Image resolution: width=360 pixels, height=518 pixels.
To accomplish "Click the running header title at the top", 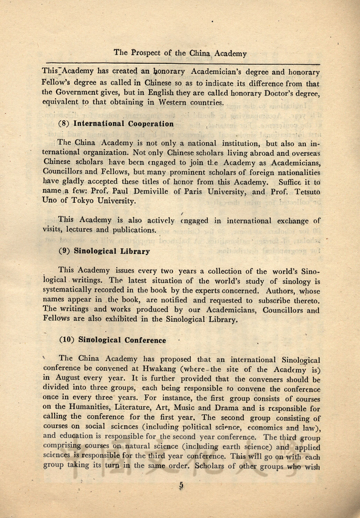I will pyautogui.click(x=180, y=53).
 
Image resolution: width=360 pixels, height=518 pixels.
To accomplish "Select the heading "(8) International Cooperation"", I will pyautogui.click(x=117, y=123).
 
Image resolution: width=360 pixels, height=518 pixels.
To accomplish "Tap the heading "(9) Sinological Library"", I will pyautogui.click(x=105, y=251).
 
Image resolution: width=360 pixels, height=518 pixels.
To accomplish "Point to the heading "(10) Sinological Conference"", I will pyautogui.click(x=113, y=340).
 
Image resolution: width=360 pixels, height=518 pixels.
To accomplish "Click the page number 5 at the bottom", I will pyautogui.click(x=181, y=485).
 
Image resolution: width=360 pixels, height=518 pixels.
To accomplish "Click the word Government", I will pyautogui.click(x=73, y=93).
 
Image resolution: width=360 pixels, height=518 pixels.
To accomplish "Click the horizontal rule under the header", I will pyautogui.click(x=181, y=65).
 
